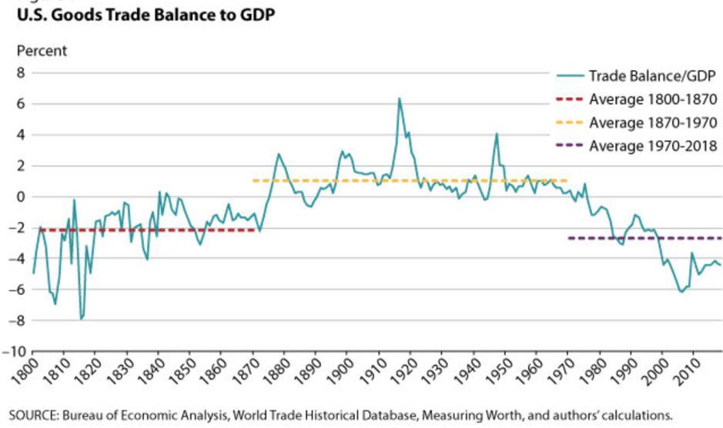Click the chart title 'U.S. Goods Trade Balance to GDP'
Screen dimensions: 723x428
[146, 15]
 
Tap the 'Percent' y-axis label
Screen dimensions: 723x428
[42, 51]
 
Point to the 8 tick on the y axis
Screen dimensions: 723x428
[21, 73]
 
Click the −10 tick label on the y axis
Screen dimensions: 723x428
[15, 352]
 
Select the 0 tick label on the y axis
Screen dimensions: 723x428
[21, 197]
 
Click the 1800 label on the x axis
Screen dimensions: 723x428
[24, 371]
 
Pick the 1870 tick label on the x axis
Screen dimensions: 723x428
[244, 371]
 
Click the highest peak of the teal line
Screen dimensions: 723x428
[400, 99]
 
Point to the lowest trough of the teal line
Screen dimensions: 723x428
[81, 319]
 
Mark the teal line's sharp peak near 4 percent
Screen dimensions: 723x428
[497, 134]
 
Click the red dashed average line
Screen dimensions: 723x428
[148, 229]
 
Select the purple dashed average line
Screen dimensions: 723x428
[645, 238]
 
